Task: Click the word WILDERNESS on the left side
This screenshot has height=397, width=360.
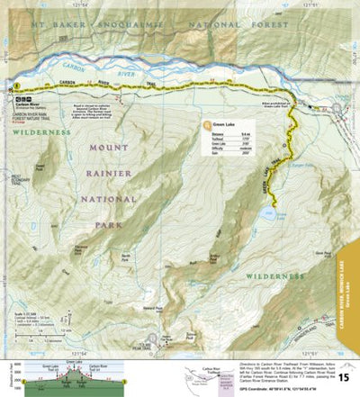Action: click(x=40, y=132)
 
